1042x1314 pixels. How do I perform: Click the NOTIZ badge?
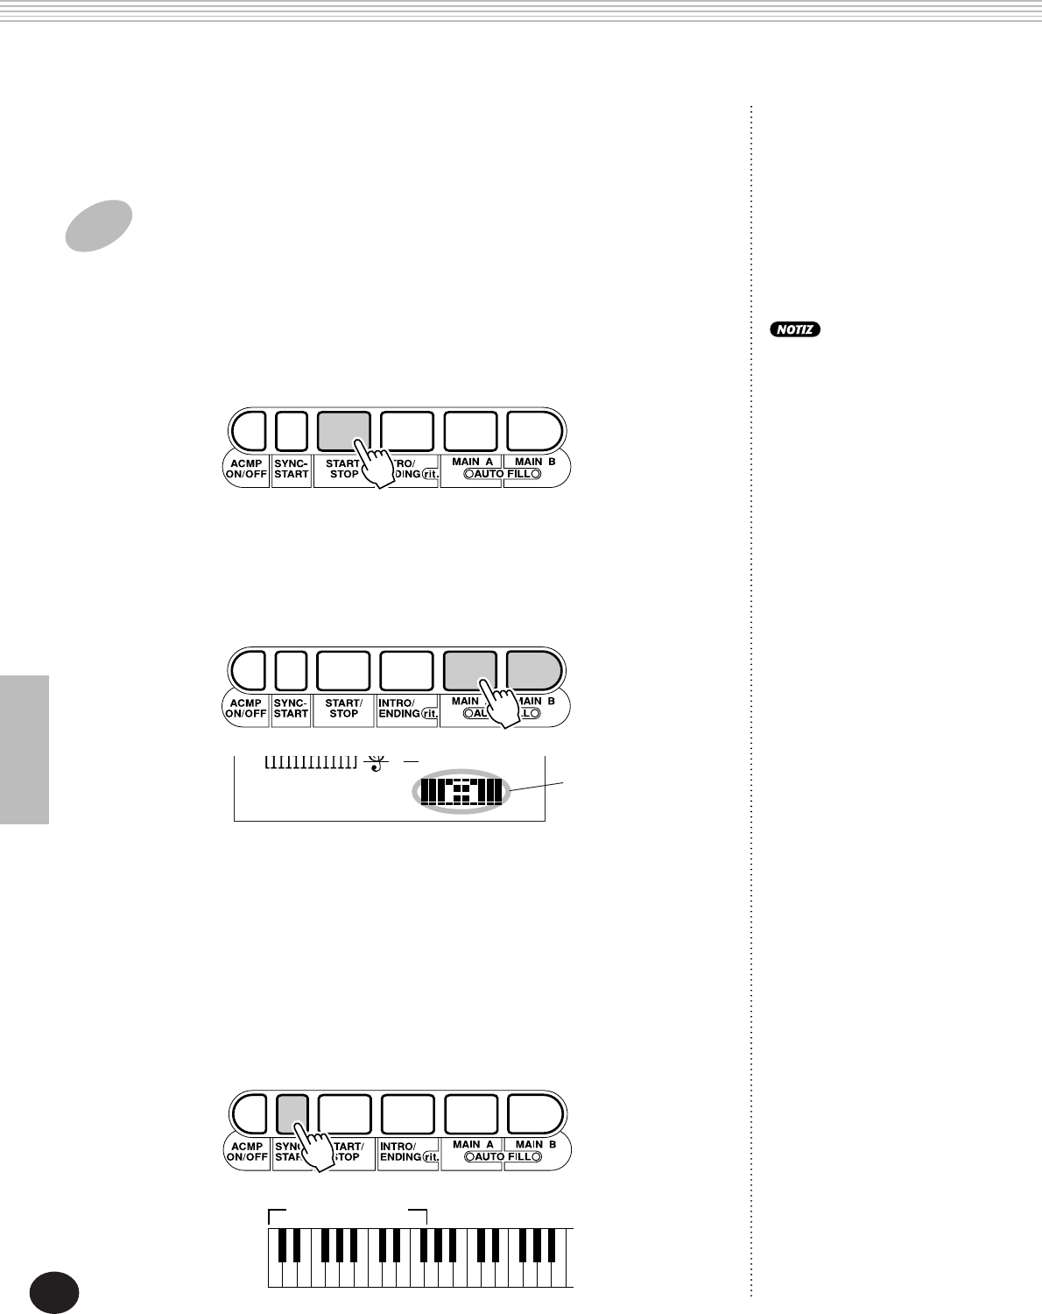(x=795, y=330)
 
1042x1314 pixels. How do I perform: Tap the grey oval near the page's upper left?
(x=99, y=225)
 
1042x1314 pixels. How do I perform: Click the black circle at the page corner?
(x=53, y=1293)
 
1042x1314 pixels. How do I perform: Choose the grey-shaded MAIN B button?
(x=534, y=670)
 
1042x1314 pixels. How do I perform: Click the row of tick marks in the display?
(x=311, y=762)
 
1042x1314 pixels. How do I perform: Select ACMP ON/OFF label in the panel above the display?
(x=246, y=708)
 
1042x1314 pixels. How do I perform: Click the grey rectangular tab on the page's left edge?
(x=25, y=749)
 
